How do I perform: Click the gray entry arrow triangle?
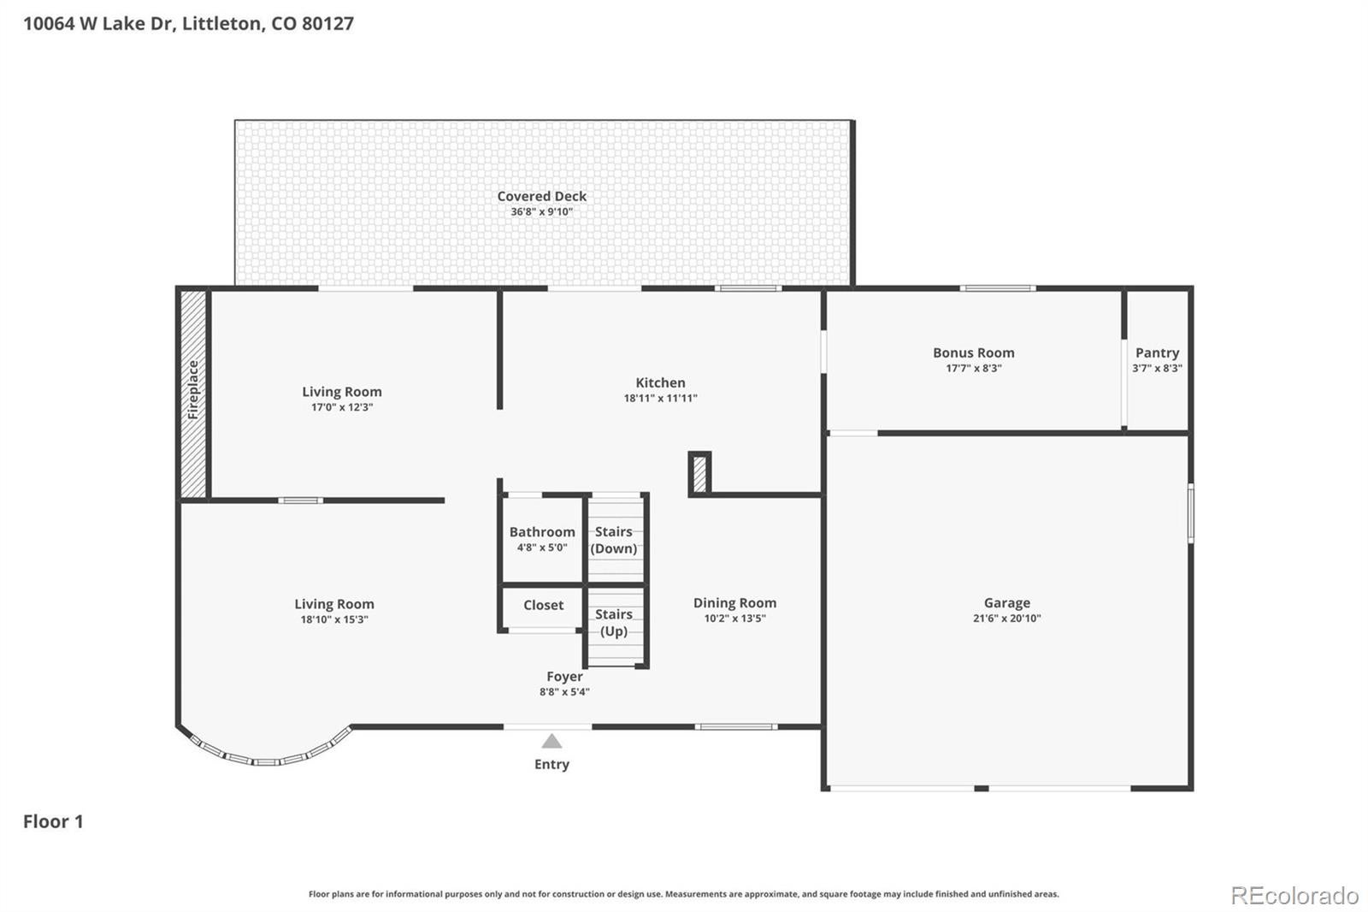(551, 742)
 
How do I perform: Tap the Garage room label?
(1007, 602)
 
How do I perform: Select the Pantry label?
(1158, 353)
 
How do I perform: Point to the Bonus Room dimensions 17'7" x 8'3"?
(974, 368)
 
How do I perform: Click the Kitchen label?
(660, 382)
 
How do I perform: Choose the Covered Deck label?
(542, 196)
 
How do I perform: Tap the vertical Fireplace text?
(193, 390)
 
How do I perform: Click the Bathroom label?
(542, 532)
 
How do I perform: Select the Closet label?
(544, 605)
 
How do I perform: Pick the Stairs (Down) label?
(614, 541)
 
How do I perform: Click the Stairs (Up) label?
(614, 623)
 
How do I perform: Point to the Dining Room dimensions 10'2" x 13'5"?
(734, 618)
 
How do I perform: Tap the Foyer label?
(564, 677)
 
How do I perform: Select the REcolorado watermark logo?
(1294, 896)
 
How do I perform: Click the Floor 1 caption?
(53, 821)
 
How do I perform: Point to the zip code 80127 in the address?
(327, 23)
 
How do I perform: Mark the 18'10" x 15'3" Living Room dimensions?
(334, 619)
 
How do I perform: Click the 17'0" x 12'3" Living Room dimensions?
(342, 407)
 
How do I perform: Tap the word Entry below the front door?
(551, 765)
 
